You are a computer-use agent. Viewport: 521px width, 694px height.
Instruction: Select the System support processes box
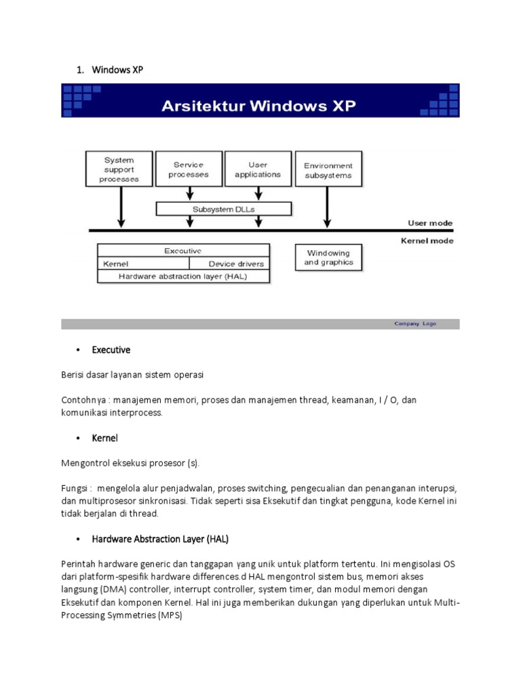(119, 169)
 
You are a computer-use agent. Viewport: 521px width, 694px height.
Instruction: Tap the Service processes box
(189, 169)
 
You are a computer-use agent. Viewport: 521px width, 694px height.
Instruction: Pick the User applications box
(258, 169)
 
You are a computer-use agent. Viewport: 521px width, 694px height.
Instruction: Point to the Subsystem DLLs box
(224, 209)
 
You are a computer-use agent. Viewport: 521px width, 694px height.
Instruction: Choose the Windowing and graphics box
(329, 258)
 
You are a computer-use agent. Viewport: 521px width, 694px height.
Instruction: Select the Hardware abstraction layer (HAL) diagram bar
(184, 276)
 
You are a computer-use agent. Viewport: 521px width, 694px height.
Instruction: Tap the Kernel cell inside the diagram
(143, 264)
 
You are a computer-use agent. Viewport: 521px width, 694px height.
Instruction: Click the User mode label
(430, 223)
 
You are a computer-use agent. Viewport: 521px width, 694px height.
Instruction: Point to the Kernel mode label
(427, 241)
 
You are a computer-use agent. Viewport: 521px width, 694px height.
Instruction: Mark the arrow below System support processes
(121, 207)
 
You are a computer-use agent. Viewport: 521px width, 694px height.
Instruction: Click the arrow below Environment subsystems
(328, 207)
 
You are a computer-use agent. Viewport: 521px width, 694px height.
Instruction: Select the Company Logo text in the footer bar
(415, 324)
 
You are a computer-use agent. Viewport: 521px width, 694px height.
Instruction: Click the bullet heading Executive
(111, 350)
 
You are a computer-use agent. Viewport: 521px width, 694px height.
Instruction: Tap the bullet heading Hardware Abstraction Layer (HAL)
(160, 539)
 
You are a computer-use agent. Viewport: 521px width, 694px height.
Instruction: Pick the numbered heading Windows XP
(117, 70)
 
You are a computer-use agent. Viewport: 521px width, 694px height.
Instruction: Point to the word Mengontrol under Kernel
(85, 463)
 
